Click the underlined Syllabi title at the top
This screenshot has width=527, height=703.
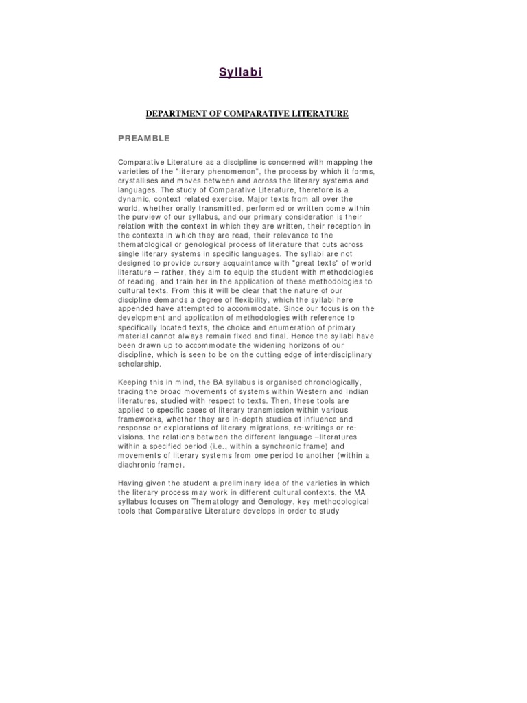(240, 72)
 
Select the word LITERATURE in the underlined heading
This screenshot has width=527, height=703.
(316, 113)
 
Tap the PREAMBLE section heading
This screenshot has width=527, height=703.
(144, 139)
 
